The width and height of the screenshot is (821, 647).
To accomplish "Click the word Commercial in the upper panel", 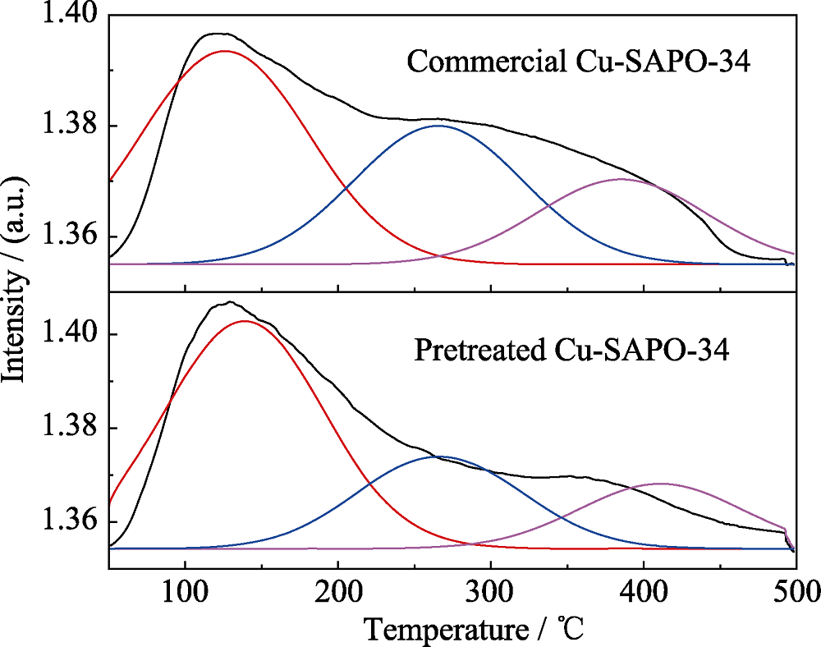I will [x=463, y=62].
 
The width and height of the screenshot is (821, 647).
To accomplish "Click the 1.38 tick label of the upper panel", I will [x=69, y=126].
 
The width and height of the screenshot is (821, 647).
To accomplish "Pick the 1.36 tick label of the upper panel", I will [x=69, y=236].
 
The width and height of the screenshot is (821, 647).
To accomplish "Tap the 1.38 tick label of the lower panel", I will [x=69, y=429].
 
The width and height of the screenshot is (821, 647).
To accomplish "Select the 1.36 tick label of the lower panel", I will [x=69, y=522].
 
